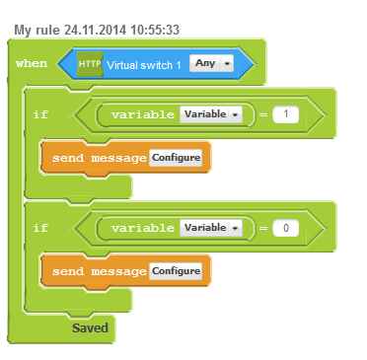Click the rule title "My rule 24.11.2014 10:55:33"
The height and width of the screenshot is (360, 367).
pos(97,30)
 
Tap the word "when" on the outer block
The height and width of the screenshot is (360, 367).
pos(32,63)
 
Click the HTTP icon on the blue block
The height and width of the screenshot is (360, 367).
pos(90,64)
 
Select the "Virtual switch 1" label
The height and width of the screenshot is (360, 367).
pos(144,65)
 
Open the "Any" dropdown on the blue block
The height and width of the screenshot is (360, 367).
pos(211,63)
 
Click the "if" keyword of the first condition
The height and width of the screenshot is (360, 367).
pos(40,114)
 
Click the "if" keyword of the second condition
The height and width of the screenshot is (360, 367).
pos(40,228)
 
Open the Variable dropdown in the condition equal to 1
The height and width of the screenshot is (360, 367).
pos(211,114)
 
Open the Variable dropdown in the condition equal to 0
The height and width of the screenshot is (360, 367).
pos(211,228)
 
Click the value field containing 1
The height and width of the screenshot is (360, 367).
pos(285,114)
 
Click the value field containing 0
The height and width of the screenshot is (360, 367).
pos(285,228)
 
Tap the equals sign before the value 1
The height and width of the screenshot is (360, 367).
pos(263,114)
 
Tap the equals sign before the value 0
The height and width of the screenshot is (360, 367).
pos(263,228)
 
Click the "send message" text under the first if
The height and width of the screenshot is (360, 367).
pos(100,158)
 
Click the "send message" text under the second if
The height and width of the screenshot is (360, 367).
pos(100,271)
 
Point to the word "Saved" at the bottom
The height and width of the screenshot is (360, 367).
pos(90,327)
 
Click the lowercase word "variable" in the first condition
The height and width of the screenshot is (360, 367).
pos(143,114)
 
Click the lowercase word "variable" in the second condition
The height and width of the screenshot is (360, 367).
pos(143,228)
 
